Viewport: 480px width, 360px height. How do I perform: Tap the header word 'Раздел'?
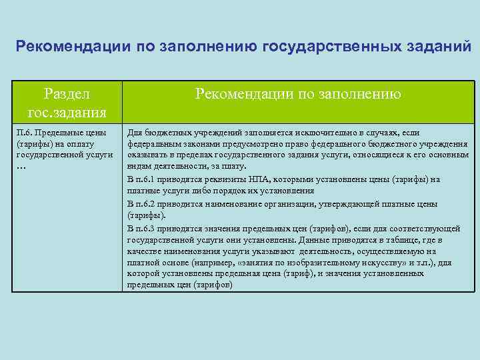point(65,94)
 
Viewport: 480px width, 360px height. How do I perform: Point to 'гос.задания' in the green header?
point(65,111)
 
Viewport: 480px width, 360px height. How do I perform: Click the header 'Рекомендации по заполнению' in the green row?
point(298,95)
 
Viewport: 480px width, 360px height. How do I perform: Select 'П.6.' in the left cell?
point(23,133)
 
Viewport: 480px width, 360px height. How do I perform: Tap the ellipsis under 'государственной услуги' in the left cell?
point(20,166)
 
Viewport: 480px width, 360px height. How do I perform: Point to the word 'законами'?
point(188,144)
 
